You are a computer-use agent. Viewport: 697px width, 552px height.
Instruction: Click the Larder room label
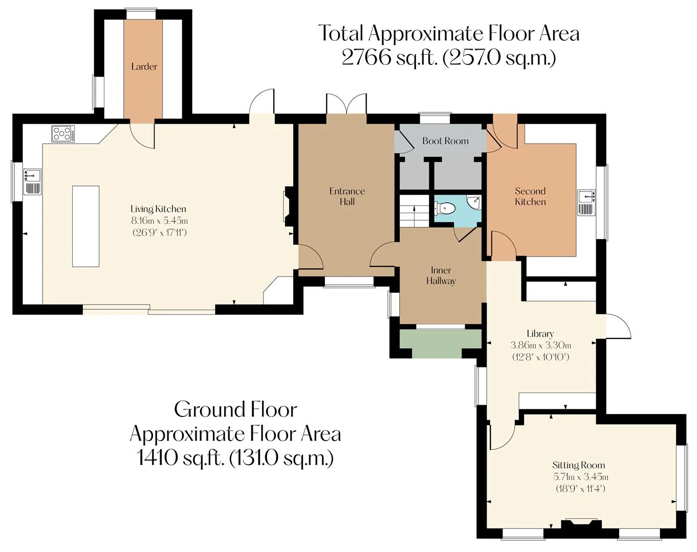coord(144,66)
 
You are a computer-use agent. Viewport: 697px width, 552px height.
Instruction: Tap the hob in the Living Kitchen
coord(63,133)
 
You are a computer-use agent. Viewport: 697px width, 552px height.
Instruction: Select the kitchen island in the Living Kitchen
coord(85,226)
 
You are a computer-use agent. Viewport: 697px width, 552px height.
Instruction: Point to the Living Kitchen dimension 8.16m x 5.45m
coord(159,221)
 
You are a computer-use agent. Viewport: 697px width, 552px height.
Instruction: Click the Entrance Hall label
coord(347,196)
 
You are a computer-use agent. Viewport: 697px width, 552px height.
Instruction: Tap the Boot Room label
coord(445,141)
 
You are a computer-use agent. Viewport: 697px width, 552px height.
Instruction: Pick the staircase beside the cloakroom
coord(414,211)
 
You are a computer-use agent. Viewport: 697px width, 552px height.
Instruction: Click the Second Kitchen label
coord(530,196)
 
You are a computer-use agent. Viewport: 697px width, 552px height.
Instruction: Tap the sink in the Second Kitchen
coord(587,203)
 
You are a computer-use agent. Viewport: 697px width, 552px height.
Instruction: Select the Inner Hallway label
coord(441,275)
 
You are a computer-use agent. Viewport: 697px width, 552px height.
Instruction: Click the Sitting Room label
coord(578,465)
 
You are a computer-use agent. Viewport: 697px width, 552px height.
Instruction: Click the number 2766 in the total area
coord(366,58)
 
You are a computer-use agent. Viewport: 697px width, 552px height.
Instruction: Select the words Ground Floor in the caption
coord(235,409)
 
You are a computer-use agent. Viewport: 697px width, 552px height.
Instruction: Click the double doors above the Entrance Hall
coord(346,104)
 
